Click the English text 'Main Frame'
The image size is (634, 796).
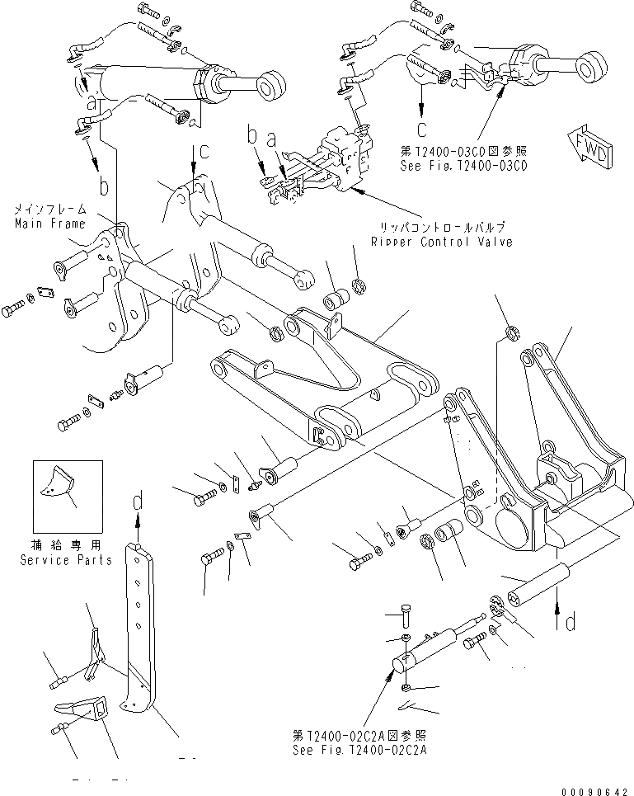[x=49, y=224]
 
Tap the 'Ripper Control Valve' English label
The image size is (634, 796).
[x=441, y=242]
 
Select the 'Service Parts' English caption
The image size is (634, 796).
[x=66, y=560]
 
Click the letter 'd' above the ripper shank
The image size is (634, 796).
[x=139, y=500]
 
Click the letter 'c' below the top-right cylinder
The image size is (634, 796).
[x=421, y=129]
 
